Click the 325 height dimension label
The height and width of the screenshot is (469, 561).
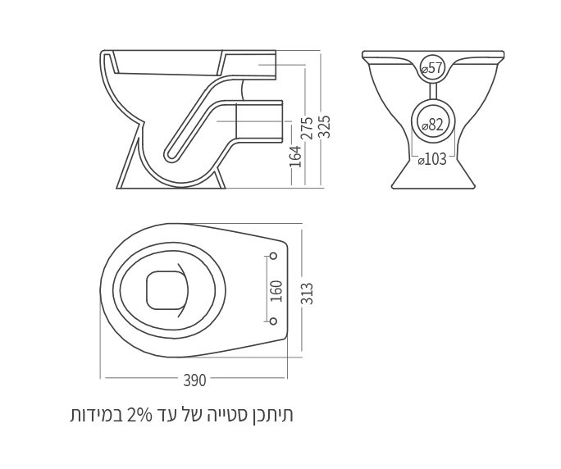coord(324,127)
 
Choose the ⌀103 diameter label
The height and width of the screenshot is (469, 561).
coord(432,159)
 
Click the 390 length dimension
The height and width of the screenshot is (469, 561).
coord(194,380)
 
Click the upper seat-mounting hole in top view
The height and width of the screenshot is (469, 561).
coord(274,257)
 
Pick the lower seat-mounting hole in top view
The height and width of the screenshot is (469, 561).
coord(274,321)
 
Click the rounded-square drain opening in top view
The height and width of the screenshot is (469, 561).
coord(167,289)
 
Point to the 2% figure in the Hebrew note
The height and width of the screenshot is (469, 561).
coord(142,415)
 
